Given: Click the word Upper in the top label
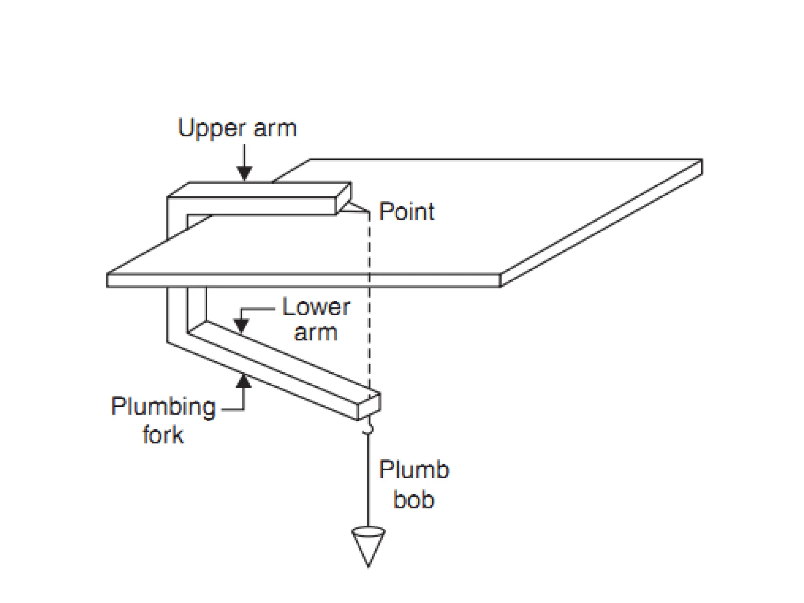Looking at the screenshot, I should point(212,128).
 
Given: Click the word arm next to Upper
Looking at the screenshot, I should point(275,128).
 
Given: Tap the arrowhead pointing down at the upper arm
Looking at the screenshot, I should point(244,173).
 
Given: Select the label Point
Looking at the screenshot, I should point(406,212).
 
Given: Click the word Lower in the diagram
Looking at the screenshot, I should point(316,307).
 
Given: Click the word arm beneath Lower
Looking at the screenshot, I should point(316,333).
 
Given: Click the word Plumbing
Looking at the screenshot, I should point(163,407).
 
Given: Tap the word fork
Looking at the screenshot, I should point(163,435).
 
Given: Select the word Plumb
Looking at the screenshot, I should point(414,470).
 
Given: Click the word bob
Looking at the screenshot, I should point(414,500).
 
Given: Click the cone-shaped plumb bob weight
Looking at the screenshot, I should point(368,546).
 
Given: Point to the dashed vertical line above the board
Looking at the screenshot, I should point(369,243).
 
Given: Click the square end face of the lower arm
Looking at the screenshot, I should point(369,406).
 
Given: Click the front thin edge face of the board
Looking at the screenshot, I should point(302,281).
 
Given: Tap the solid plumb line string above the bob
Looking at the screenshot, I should point(368,479).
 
